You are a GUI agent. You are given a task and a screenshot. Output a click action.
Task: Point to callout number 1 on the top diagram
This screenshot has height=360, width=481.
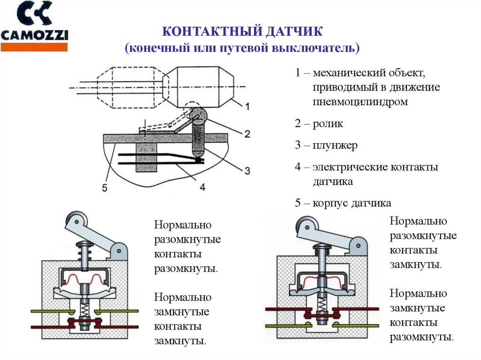tap(247, 107)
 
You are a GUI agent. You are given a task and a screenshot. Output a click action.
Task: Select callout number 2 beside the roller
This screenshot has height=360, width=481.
tap(246, 134)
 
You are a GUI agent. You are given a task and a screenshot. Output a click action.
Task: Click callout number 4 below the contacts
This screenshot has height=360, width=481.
tap(202, 187)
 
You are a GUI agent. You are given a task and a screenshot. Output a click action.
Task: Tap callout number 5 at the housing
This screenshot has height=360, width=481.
tap(105, 189)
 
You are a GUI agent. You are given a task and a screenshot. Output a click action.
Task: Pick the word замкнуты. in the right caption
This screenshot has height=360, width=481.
tap(415, 264)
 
